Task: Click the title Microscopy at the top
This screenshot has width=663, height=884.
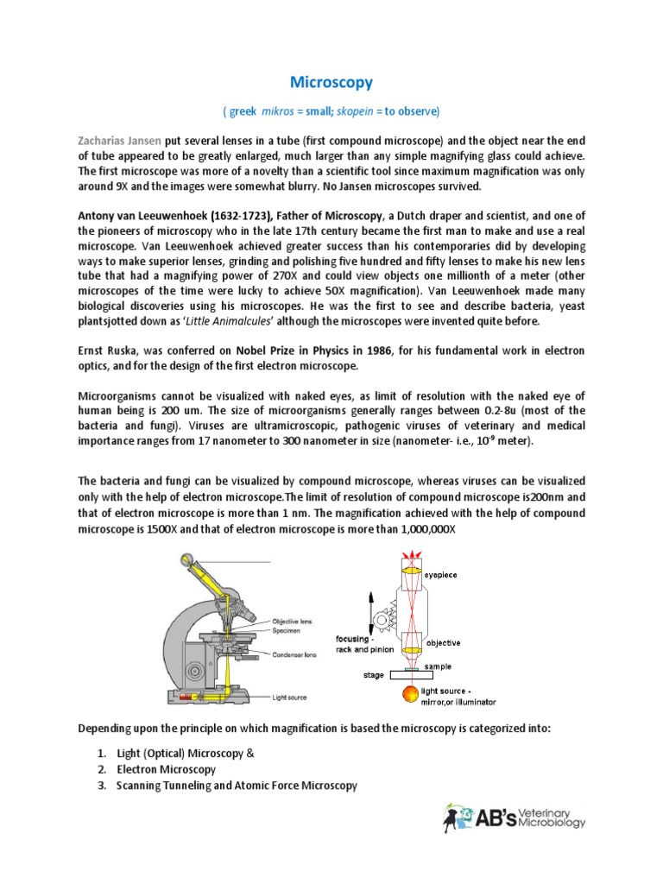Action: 331,82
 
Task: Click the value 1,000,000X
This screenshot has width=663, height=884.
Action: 422,528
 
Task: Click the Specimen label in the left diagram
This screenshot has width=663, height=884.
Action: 288,630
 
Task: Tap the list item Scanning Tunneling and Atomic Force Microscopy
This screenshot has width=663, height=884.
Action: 237,785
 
